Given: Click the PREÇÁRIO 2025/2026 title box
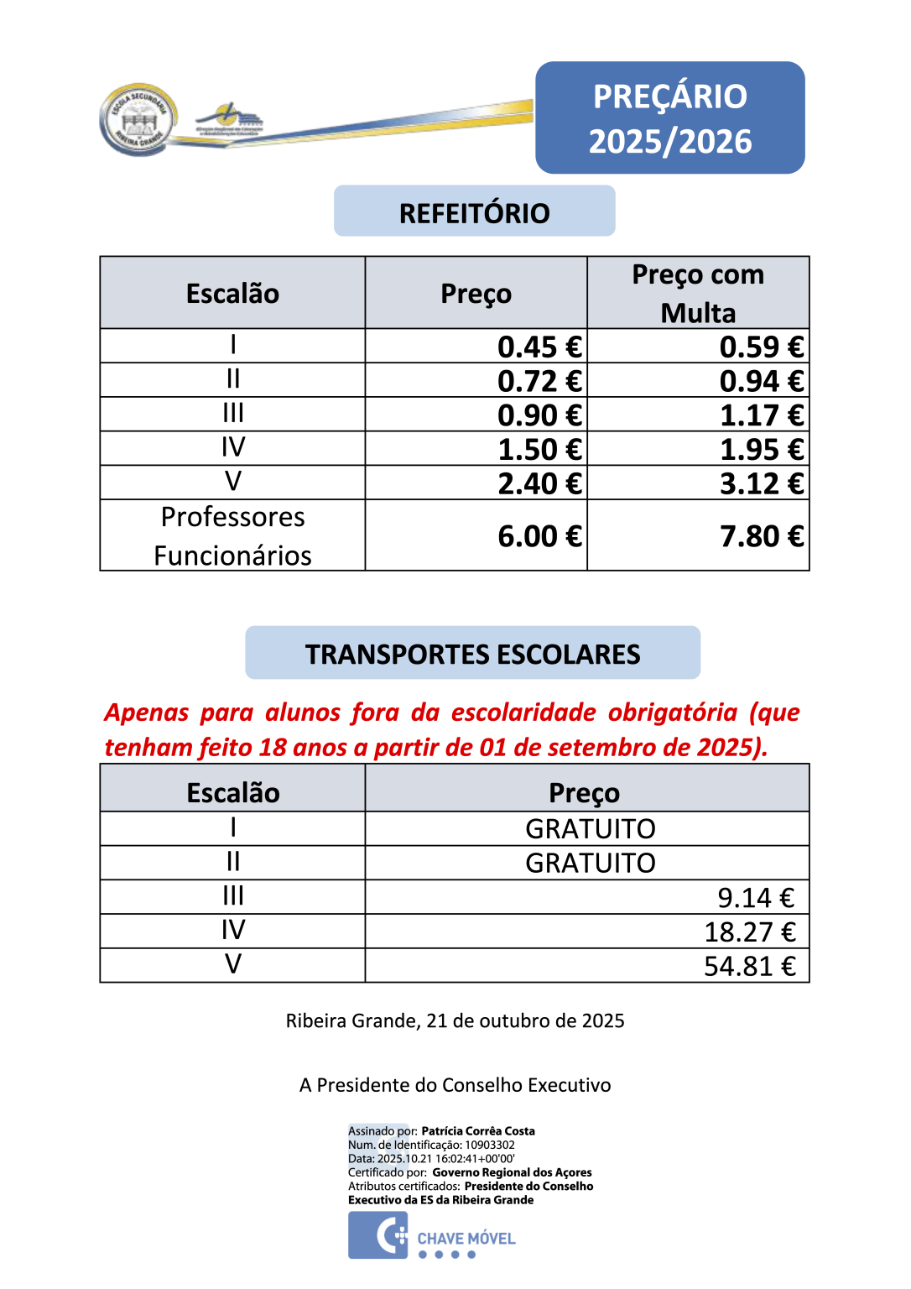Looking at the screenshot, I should [x=669, y=118].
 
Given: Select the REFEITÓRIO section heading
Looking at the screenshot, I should [x=474, y=212].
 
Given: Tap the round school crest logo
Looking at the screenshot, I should [x=138, y=120].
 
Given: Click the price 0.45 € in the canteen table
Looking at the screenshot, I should [x=539, y=347].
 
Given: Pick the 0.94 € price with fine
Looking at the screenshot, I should [x=761, y=381].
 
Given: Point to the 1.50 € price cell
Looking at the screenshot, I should [x=539, y=450].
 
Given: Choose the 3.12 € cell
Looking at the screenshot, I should [x=761, y=484].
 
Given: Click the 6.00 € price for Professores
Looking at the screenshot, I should [x=539, y=536].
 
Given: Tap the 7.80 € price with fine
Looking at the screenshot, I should [x=761, y=536].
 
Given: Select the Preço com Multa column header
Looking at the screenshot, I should [x=698, y=293].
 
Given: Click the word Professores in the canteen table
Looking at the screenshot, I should [x=233, y=517].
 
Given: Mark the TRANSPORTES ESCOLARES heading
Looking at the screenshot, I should [x=472, y=654].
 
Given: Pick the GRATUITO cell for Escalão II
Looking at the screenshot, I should [x=590, y=863].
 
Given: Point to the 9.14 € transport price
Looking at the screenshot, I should [x=755, y=898].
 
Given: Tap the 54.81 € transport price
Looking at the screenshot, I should [x=749, y=966].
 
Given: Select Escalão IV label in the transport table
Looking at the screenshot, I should [x=233, y=930].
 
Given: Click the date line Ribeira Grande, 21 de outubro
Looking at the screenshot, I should [x=455, y=1020].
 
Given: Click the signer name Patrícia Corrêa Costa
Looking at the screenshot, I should [x=477, y=1131].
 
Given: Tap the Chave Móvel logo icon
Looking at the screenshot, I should [x=378, y=1235].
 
